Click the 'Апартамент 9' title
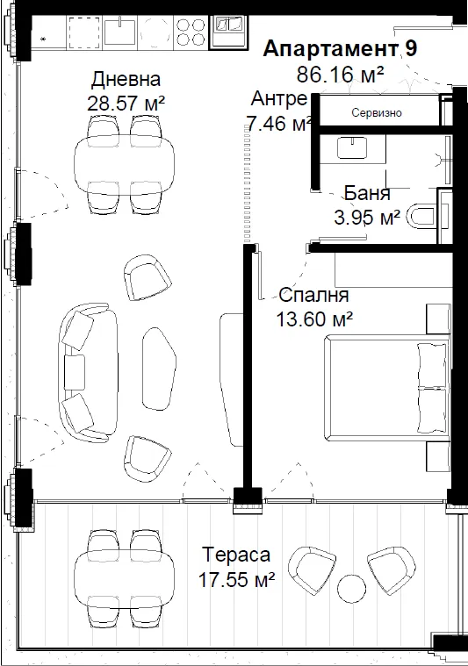[340, 49]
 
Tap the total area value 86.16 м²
[340, 75]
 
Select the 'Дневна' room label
[126, 80]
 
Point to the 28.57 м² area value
[126, 103]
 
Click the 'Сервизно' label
[377, 113]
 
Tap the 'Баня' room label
[367, 193]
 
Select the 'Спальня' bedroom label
[313, 295]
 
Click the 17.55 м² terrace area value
[237, 579]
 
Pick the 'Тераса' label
[236, 555]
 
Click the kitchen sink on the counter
[120, 31]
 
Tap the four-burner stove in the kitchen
[191, 32]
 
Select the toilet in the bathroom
[421, 217]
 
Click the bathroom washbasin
[352, 147]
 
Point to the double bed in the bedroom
[387, 387]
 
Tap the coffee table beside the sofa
[159, 369]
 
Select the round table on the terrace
[351, 588]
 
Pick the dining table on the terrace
[124, 577]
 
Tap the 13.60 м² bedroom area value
[314, 319]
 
